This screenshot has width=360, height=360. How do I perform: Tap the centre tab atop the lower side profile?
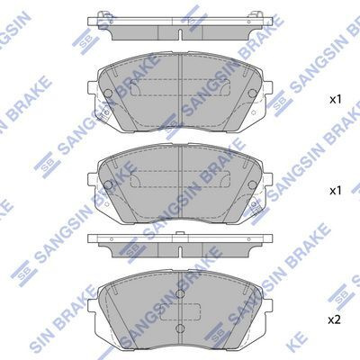180,234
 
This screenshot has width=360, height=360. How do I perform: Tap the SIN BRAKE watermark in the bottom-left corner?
31,325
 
